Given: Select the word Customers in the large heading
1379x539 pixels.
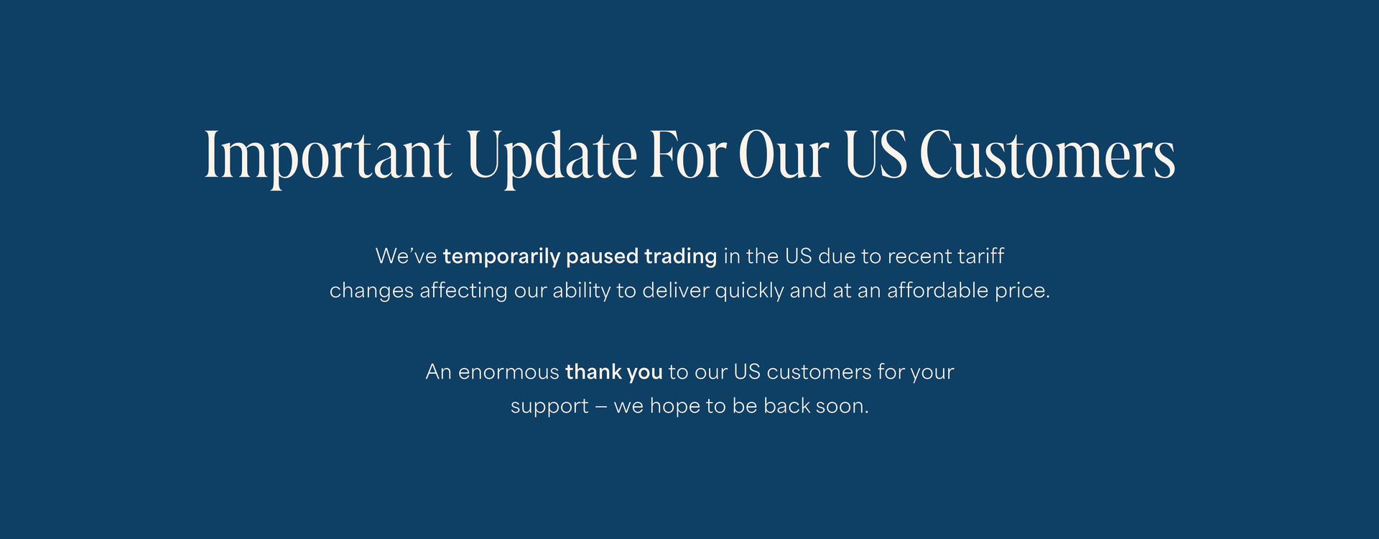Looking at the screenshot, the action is pyautogui.click(x=1047, y=155).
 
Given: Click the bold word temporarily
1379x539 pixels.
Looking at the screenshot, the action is pyautogui.click(x=501, y=257).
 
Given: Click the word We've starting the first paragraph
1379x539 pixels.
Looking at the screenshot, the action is pyautogui.click(x=406, y=257).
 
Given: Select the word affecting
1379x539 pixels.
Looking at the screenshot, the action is pyautogui.click(x=463, y=290).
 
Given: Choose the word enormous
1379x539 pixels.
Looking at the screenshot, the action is pyautogui.click(x=509, y=372).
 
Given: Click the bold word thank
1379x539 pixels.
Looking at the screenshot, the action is pyautogui.click(x=593, y=372).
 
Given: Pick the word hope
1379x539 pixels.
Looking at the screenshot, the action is pyautogui.click(x=674, y=407).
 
